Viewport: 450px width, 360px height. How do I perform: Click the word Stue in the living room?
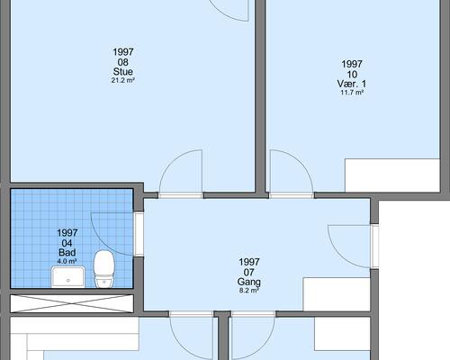pyautogui.click(x=123, y=72)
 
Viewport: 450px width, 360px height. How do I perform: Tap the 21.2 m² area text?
pyautogui.click(x=123, y=80)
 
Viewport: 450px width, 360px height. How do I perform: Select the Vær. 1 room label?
pyautogui.click(x=352, y=84)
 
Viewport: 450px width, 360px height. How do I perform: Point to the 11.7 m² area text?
pyautogui.click(x=352, y=93)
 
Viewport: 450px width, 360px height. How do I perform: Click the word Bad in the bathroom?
pyautogui.click(x=67, y=252)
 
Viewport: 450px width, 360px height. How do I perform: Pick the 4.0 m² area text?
pyautogui.click(x=67, y=261)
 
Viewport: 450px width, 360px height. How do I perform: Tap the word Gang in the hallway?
pyautogui.click(x=249, y=282)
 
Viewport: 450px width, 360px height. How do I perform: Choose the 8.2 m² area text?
pyautogui.click(x=249, y=291)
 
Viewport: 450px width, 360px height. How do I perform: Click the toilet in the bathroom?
pyautogui.click(x=103, y=269)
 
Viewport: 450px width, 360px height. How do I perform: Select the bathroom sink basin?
pyautogui.click(x=67, y=277)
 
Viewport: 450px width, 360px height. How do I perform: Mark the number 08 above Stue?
pyautogui.click(x=123, y=62)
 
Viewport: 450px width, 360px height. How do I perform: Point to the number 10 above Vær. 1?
pyautogui.click(x=352, y=74)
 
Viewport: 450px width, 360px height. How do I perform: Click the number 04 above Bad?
pyautogui.click(x=67, y=243)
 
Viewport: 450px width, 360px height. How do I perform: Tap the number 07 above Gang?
pyautogui.click(x=249, y=272)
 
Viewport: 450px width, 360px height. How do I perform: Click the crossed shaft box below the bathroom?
pyautogui.click(x=72, y=303)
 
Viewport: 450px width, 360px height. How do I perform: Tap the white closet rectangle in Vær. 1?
pyautogui.click(x=392, y=175)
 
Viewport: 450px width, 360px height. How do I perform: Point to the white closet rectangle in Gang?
pyautogui.click(x=337, y=294)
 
